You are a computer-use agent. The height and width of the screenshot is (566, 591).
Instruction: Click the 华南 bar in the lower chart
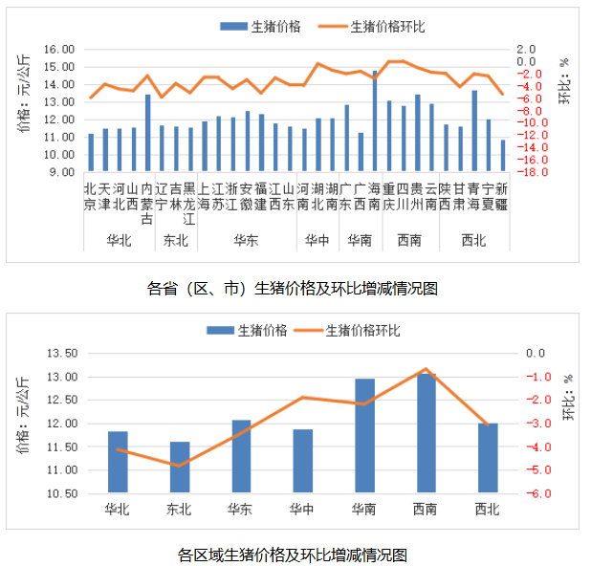tap(364, 436)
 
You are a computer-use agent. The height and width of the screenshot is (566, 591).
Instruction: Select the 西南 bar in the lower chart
tap(426, 433)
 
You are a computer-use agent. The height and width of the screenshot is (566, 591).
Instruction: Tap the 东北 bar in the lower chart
tap(179, 468)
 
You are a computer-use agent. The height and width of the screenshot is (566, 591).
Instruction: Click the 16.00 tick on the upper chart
tap(60, 49)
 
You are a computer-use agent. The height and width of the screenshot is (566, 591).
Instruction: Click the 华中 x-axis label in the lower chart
tap(302, 510)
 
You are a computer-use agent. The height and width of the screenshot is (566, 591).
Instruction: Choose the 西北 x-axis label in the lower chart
tap(487, 510)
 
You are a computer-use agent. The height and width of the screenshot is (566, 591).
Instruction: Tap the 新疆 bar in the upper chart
tap(503, 156)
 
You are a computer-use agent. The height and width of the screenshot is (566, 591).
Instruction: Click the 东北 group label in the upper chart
tap(175, 240)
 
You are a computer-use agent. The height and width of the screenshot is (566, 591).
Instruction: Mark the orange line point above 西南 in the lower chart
tap(426, 368)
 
